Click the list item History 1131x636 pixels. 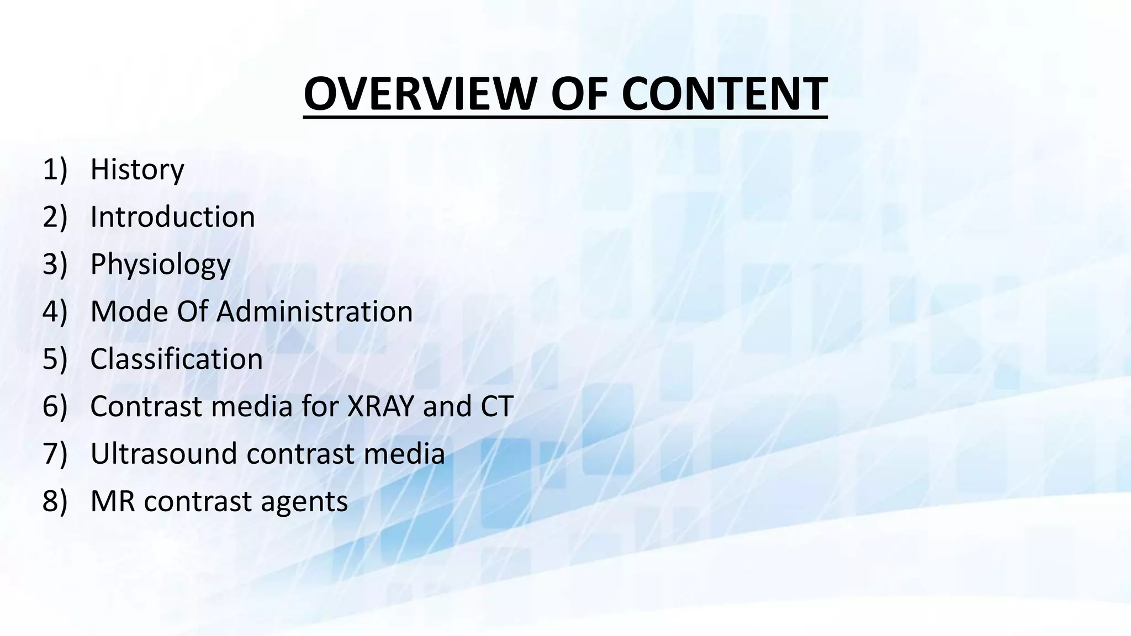137,169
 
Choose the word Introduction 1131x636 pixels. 172,217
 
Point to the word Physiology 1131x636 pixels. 160,265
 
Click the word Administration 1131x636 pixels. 314,312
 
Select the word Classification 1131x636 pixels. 176,359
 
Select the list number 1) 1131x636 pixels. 55,169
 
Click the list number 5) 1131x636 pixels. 55,359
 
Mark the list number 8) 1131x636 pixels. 55,502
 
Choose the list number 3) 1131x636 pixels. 55,264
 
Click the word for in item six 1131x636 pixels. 320,407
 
